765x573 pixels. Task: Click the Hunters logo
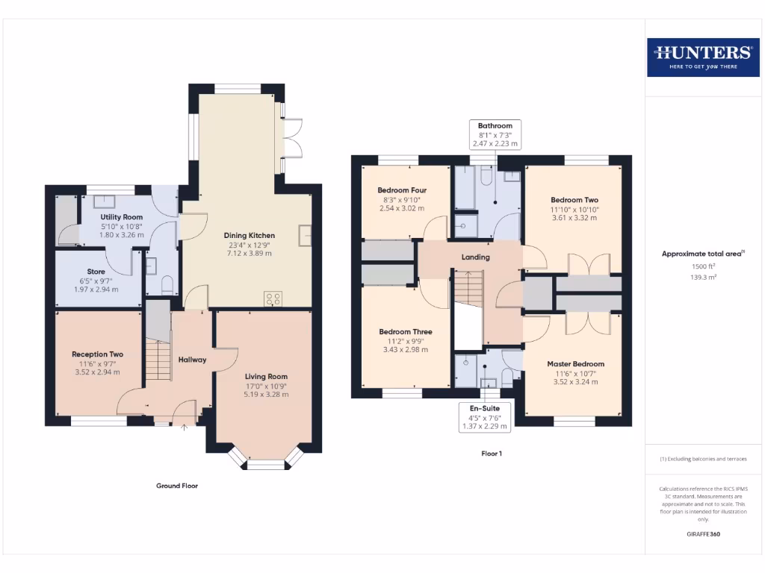(702, 57)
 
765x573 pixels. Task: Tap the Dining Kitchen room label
(250, 236)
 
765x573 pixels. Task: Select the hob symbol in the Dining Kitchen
(273, 299)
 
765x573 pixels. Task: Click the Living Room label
(266, 377)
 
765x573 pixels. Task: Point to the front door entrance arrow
(185, 428)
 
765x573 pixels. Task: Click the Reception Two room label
(97, 354)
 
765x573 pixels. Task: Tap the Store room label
(96, 272)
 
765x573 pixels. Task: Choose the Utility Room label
(122, 217)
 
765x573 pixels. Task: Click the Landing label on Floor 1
(475, 257)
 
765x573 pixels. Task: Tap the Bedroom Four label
(402, 190)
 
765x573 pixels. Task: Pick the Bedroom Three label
(405, 332)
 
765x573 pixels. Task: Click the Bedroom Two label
(574, 200)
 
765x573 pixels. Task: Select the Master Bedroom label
(574, 364)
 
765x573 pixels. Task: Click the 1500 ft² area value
(703, 266)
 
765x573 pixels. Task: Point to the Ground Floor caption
(177, 486)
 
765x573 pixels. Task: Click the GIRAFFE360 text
(703, 534)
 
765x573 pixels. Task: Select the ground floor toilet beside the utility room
(167, 284)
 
